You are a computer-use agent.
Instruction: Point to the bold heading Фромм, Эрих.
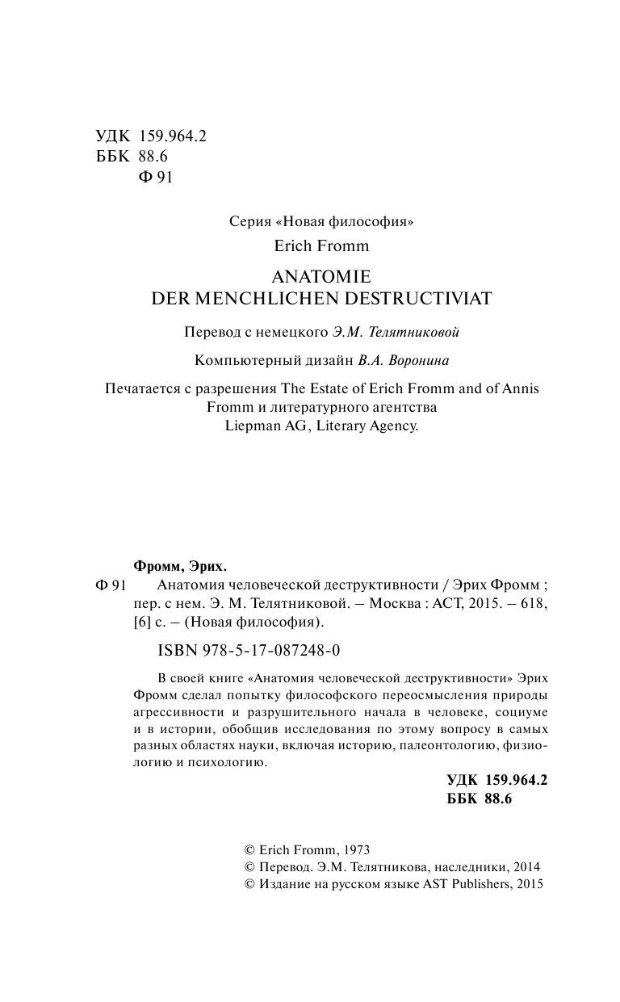174,565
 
